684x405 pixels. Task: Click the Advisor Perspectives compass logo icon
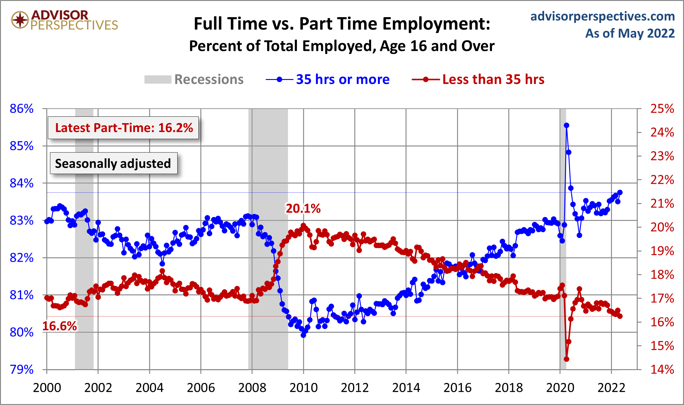(20, 20)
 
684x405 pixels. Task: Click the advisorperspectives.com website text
(602, 16)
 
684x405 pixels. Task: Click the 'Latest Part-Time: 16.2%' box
(124, 128)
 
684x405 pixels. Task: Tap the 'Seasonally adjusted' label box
(113, 163)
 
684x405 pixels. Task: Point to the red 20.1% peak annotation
(303, 209)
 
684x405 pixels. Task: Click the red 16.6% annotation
(60, 326)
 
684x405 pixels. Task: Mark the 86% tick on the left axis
(21, 109)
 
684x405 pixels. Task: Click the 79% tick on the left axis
(21, 369)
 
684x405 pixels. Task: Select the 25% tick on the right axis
(662, 109)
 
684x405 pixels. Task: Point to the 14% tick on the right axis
(662, 369)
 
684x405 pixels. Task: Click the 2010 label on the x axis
(303, 388)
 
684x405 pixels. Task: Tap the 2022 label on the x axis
(611, 388)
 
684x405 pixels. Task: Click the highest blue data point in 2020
(567, 125)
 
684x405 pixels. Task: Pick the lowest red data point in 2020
(567, 359)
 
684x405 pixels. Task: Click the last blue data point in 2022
(620, 192)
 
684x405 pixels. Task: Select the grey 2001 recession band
(84, 239)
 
